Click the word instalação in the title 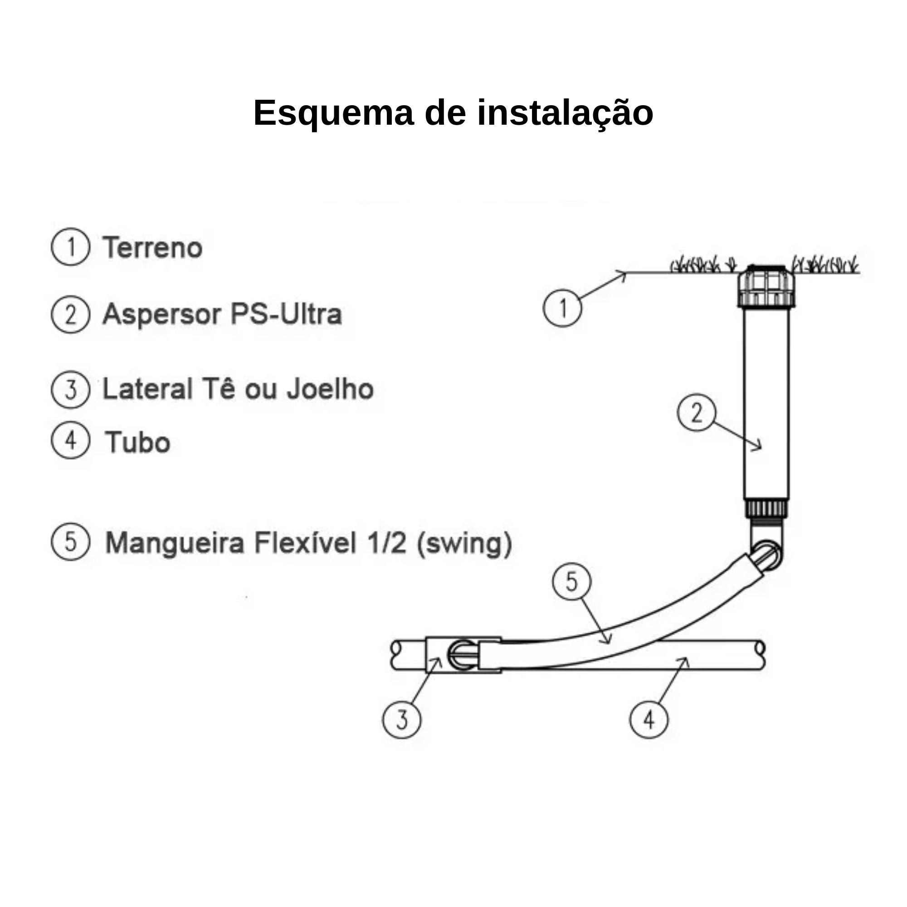click(x=565, y=113)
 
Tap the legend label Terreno click(x=152, y=248)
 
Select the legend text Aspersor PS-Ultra click(x=222, y=314)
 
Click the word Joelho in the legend click(x=330, y=389)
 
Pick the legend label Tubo click(x=137, y=442)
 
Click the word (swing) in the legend click(x=464, y=543)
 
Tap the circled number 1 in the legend click(x=70, y=247)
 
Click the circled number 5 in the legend click(x=70, y=542)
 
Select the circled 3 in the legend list click(x=70, y=389)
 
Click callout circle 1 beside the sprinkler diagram click(x=562, y=308)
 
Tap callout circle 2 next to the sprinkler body click(x=696, y=412)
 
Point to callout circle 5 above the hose click(x=571, y=582)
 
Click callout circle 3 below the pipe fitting click(x=401, y=720)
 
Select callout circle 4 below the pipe click(x=649, y=720)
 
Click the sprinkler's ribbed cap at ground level click(x=766, y=286)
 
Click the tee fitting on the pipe click(x=463, y=655)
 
